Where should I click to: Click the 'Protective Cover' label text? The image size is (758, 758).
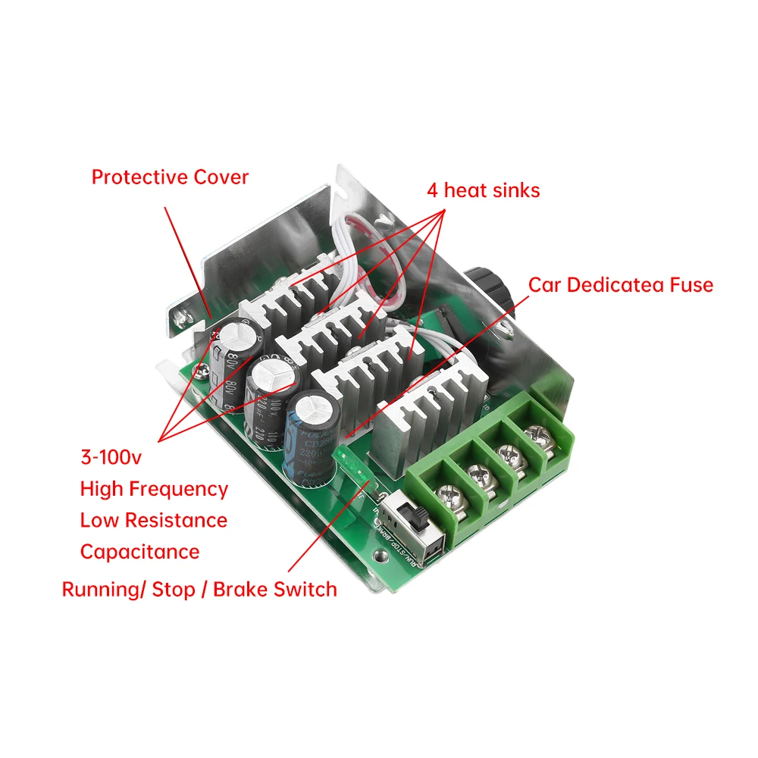point(170,177)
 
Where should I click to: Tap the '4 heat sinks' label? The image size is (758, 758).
point(483,190)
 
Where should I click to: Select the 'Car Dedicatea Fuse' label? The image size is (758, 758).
point(621,285)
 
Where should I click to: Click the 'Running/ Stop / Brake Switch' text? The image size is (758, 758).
point(199,590)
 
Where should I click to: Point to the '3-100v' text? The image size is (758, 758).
point(111,458)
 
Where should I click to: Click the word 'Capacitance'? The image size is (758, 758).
point(139,552)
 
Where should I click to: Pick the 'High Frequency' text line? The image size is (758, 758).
point(154,490)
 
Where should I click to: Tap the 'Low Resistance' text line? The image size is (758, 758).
point(154,521)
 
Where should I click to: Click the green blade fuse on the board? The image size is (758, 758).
point(352,465)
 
